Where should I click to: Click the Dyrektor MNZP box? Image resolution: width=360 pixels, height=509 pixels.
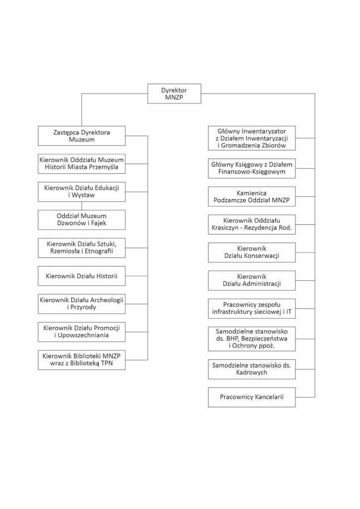coord(175,94)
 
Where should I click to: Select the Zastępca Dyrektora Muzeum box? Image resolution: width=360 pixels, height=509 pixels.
coord(82,136)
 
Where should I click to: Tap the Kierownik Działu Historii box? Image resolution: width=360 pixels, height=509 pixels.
coord(82,276)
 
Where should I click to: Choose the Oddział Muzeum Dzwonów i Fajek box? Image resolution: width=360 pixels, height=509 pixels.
coord(82,220)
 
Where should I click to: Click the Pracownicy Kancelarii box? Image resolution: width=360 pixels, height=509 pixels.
coord(252,397)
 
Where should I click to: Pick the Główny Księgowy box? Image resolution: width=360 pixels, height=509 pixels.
coord(252,168)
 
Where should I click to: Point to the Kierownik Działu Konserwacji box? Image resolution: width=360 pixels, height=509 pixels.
coord(252,252)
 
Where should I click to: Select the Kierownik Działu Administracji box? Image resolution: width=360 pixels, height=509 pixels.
coord(252,280)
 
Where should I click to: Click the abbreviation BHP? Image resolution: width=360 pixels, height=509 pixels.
coord(232,339)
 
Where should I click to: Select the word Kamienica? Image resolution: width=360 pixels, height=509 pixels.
coord(252,193)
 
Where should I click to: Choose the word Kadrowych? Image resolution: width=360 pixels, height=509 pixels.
coord(252,373)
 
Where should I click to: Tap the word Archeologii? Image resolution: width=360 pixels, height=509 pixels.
coord(105,300)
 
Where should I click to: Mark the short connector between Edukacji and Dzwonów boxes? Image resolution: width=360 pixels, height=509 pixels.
coord(82,206)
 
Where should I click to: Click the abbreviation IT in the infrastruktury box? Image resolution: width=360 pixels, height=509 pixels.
coord(288,312)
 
